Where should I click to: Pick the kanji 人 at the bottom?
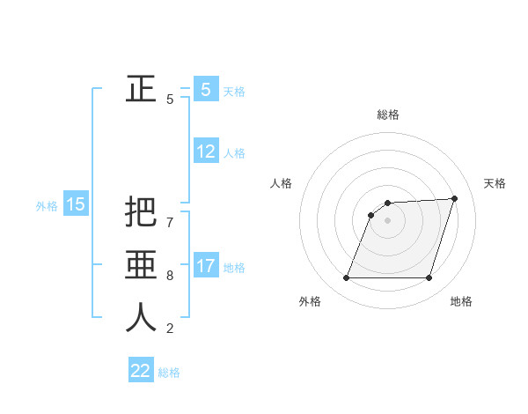pos(141,317)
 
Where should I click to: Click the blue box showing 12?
pos(206,152)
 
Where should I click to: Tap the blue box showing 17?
pos(206,266)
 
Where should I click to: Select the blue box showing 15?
pos(76,205)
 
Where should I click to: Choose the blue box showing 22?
pos(141,371)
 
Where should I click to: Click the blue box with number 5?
pos(206,90)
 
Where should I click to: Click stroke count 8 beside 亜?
pos(170,276)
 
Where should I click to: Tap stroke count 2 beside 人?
pos(170,329)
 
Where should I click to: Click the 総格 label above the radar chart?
pos(388,115)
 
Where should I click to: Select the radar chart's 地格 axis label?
pos(461,302)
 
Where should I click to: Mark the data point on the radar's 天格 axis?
pos(455,198)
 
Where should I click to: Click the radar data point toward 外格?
pos(347,278)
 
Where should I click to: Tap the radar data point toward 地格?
pos(429,278)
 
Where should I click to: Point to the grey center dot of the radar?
pos(387,220)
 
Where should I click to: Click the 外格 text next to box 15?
pos(47,206)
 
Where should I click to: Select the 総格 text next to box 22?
pos(169,373)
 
